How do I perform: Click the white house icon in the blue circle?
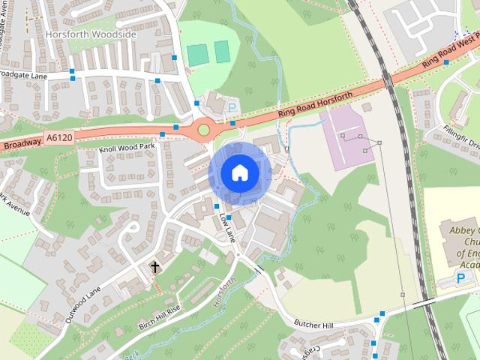239,172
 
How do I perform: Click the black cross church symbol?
155,267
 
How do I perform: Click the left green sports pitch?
196,54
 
